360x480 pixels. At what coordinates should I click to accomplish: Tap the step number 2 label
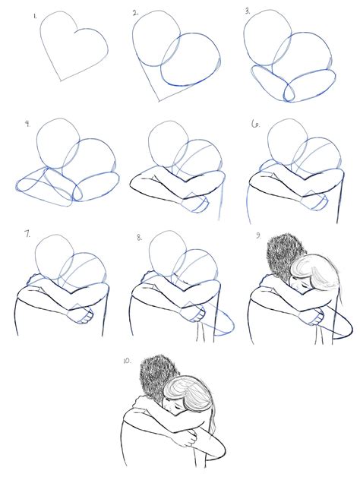135,14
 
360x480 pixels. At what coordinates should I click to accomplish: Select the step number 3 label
248,13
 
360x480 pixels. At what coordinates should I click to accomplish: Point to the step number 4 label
27,124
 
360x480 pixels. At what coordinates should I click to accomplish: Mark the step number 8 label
139,237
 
